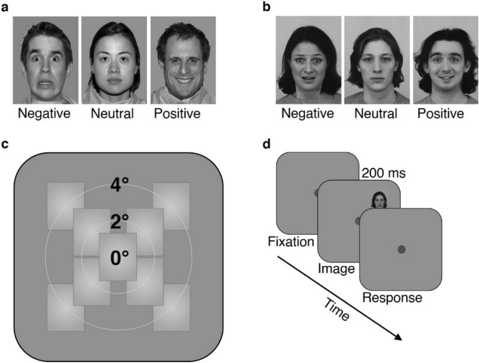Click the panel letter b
click(266, 7)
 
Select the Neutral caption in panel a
click(112, 114)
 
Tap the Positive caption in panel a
click(177, 114)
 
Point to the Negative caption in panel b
click(307, 114)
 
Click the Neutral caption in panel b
click(376, 114)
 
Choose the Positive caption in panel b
click(441, 114)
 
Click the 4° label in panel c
click(119, 185)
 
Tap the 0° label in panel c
click(119, 259)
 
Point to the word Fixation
click(291, 242)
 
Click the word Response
click(392, 298)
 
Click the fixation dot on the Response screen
click(401, 250)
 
